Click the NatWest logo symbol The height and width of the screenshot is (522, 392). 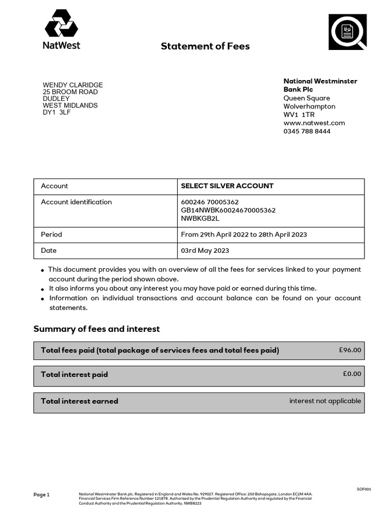[x=61, y=23]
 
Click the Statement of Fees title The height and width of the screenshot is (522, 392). [x=205, y=46]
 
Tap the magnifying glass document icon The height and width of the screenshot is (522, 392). [x=348, y=32]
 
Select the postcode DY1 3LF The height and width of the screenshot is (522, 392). [x=57, y=112]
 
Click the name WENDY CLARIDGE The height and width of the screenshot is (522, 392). [x=72, y=85]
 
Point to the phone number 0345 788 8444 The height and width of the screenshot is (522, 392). [x=307, y=131]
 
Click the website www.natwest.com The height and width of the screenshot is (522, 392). [x=314, y=123]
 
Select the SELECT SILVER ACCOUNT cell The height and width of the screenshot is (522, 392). [x=227, y=186]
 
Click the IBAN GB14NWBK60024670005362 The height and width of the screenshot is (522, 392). [x=228, y=210]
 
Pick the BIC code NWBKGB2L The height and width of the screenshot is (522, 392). [x=200, y=218]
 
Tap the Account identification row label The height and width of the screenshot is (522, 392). [x=76, y=202]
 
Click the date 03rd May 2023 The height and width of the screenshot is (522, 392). [x=205, y=250]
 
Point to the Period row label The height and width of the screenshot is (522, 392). [x=52, y=234]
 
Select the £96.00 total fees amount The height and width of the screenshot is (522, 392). [x=350, y=350]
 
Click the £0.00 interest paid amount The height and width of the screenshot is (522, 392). [x=352, y=374]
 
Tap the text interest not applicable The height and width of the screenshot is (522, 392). [x=325, y=401]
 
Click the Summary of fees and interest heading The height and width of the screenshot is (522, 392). [x=96, y=329]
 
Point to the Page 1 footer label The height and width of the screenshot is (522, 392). [x=41, y=494]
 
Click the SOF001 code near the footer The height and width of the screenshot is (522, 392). [x=364, y=489]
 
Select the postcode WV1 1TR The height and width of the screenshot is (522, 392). [x=299, y=115]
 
